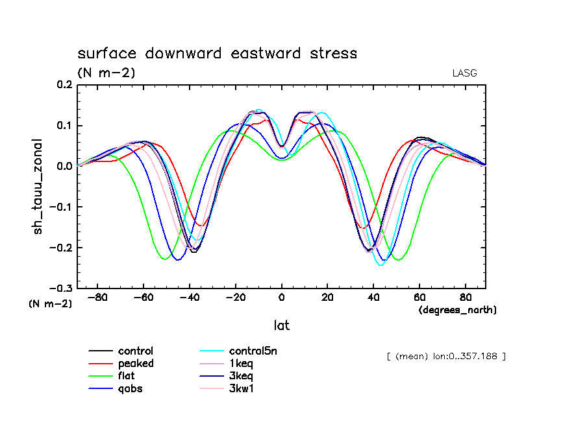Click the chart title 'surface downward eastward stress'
[x=217, y=53]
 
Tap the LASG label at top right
[x=464, y=73]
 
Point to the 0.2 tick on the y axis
[x=65, y=85]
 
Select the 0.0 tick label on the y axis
[x=65, y=167]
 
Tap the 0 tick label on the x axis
[x=282, y=298]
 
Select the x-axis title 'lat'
[x=281, y=325]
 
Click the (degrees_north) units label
[x=457, y=311]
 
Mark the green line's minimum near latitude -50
[x=166, y=259]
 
